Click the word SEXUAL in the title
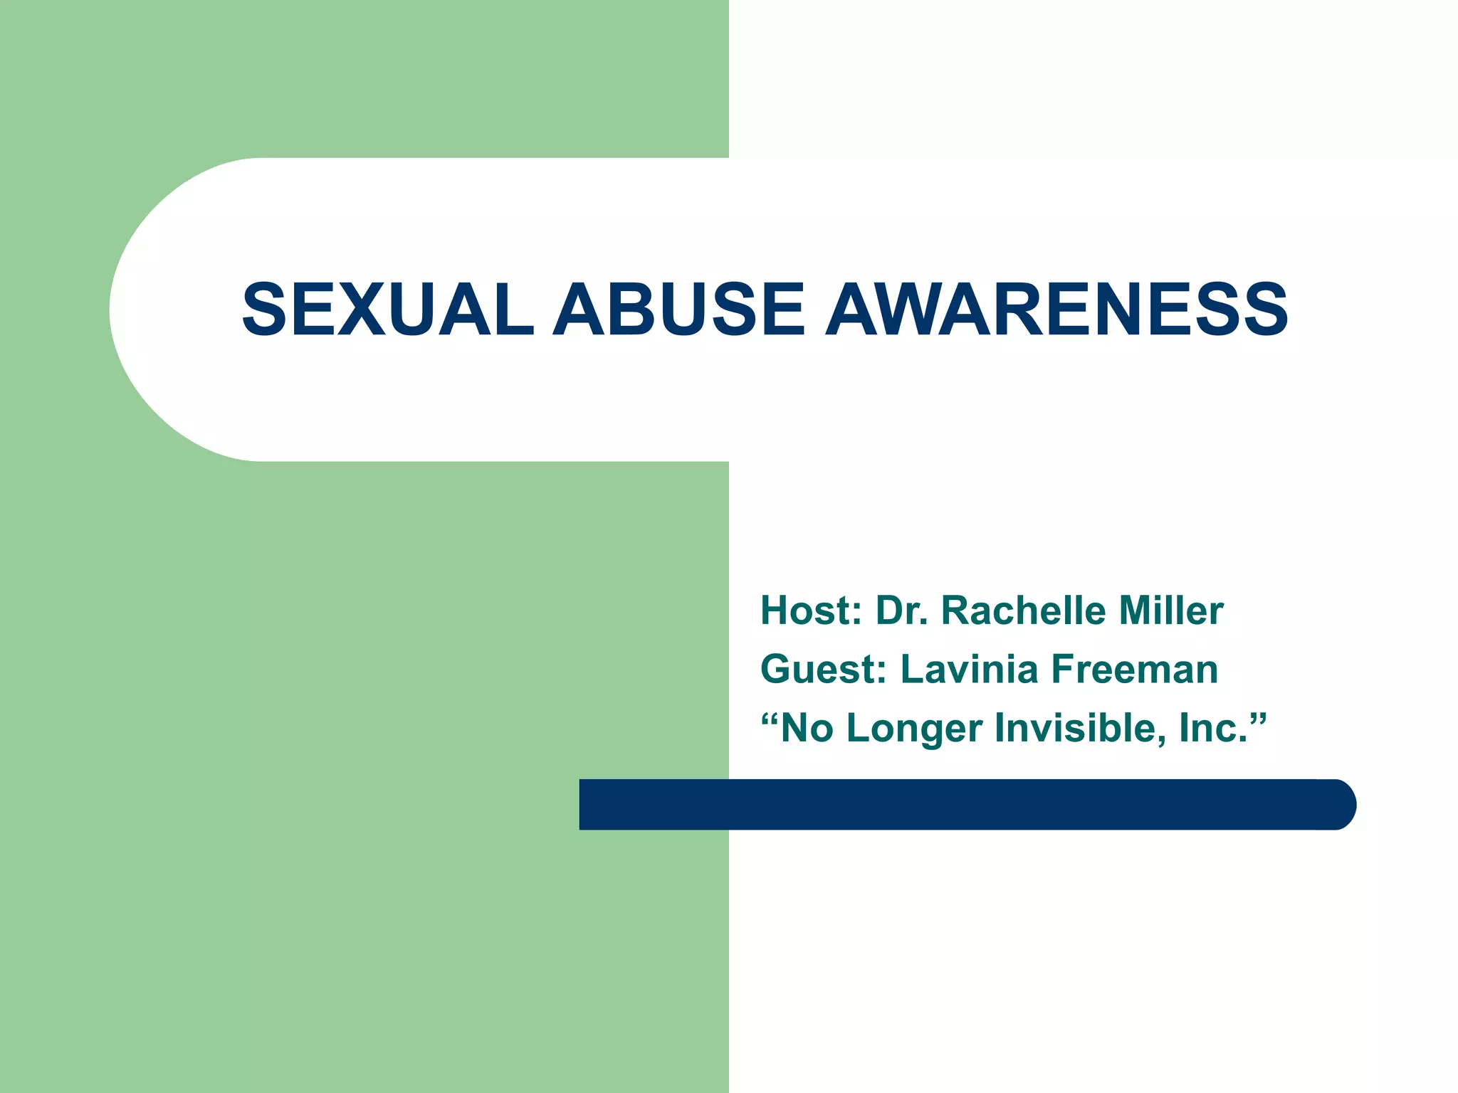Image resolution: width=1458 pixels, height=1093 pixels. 388,310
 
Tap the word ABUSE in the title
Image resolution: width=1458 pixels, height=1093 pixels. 679,310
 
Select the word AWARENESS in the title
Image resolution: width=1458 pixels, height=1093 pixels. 1056,310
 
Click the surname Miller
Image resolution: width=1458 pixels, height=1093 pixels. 1170,611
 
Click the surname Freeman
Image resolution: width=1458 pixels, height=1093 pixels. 1135,670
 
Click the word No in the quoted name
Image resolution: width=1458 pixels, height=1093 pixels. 807,728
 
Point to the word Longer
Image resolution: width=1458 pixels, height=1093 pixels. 914,729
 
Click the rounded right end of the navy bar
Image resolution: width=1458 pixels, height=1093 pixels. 1342,805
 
